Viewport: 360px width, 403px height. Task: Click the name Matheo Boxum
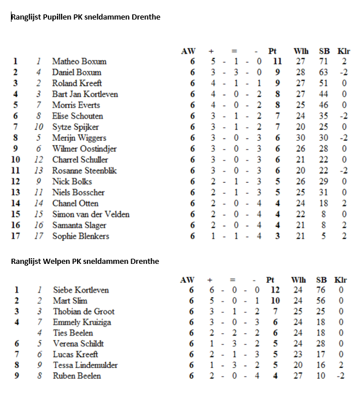click(79, 62)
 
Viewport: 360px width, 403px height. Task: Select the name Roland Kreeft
click(76, 83)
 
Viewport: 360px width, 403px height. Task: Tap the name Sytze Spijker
click(75, 127)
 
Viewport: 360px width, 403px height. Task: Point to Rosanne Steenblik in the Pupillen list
click(85, 171)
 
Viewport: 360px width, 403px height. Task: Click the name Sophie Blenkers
click(81, 236)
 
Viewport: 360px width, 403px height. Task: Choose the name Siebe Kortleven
click(81, 290)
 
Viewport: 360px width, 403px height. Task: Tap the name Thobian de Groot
click(83, 312)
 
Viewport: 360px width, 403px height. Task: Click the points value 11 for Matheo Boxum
click(277, 62)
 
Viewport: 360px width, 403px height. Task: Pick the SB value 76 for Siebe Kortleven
click(322, 290)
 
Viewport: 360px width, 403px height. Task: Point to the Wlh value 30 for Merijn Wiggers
click(300, 138)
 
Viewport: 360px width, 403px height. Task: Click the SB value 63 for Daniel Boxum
click(324, 72)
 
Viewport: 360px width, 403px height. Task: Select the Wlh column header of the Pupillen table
click(300, 51)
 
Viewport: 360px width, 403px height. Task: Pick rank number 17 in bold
click(16, 236)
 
